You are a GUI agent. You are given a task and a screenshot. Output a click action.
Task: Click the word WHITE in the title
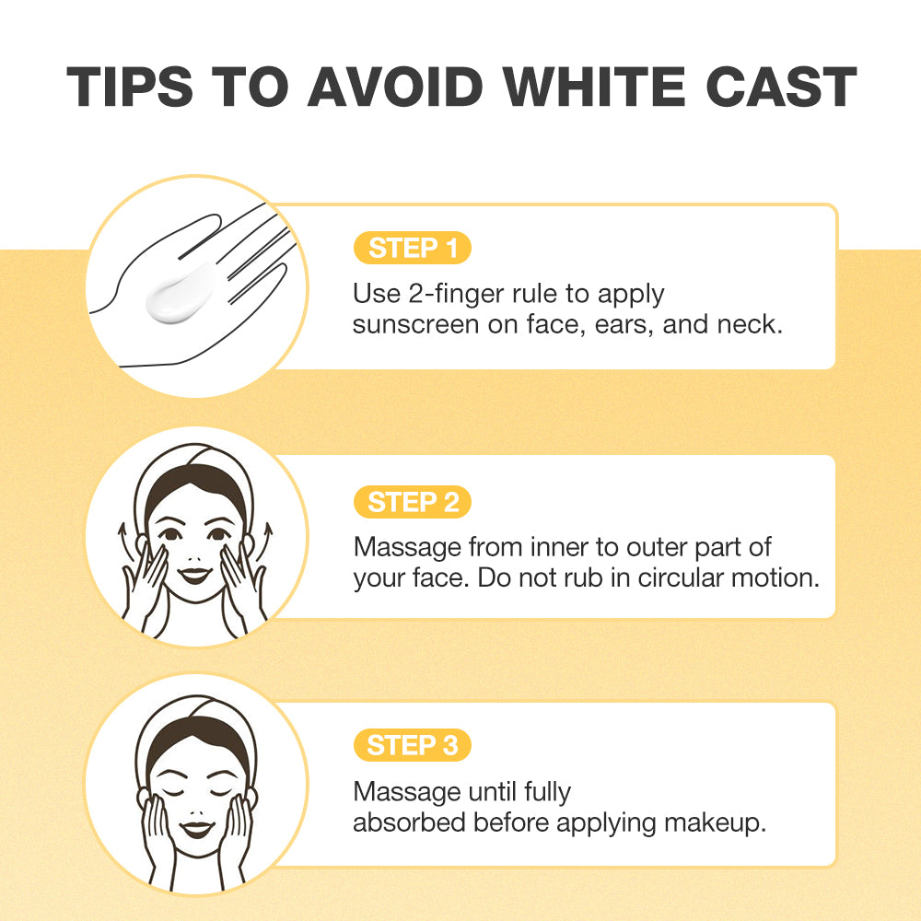pos(594,87)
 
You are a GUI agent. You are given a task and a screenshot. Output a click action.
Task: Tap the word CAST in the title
pos(781,87)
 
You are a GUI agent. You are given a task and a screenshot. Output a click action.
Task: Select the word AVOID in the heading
pos(395,87)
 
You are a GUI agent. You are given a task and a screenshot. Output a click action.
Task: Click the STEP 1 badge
pos(413,248)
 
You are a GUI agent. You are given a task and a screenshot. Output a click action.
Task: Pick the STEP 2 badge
pos(413,502)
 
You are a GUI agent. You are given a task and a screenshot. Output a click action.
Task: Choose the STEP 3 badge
pos(413,745)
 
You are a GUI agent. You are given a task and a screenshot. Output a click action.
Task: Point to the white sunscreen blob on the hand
pos(181,292)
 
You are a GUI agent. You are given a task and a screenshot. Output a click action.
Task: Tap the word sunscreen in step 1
pos(415,325)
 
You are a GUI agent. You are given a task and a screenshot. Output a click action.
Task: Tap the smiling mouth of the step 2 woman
pos(194,575)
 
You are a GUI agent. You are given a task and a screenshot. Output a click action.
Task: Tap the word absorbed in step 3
pos(410,822)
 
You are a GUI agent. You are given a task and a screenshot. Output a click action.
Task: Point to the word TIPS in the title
pos(129,87)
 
